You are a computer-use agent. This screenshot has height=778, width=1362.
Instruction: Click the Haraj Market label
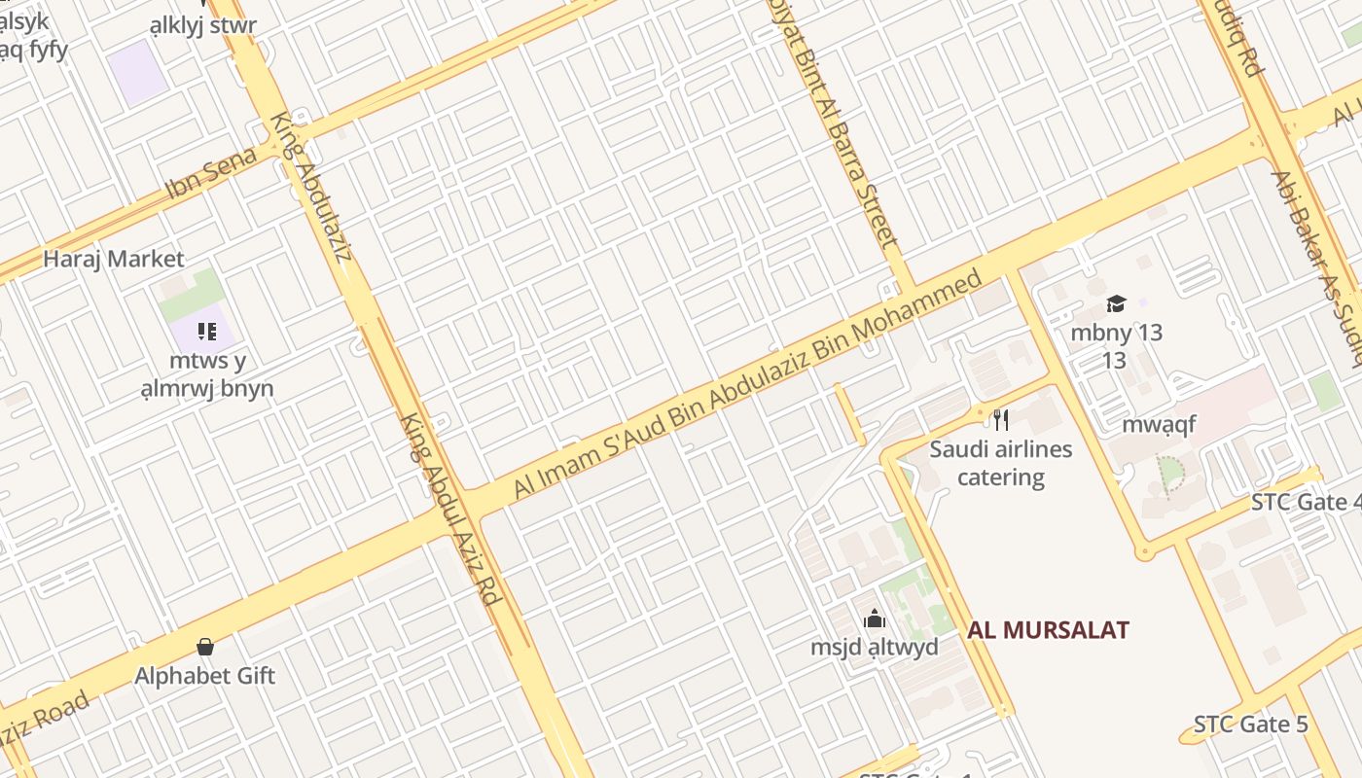(x=113, y=259)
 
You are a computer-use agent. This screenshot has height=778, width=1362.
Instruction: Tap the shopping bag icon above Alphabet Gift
(x=205, y=647)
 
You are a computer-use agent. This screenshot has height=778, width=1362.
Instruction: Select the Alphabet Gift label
(x=205, y=675)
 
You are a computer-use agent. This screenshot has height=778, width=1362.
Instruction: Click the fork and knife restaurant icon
(x=1000, y=420)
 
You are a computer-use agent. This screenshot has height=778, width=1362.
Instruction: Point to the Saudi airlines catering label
(x=1000, y=463)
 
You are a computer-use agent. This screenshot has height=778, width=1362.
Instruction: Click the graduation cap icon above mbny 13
(x=1116, y=304)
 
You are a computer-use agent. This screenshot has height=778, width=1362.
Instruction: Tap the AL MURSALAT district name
(x=1048, y=629)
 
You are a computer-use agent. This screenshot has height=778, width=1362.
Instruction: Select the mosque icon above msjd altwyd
(x=874, y=619)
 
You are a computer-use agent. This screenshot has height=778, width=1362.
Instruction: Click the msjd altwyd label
(x=874, y=647)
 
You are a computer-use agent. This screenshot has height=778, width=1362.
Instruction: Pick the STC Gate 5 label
(x=1250, y=725)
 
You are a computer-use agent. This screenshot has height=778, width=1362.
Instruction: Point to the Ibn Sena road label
(x=211, y=171)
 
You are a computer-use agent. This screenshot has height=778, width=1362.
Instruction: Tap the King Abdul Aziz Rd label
(x=451, y=509)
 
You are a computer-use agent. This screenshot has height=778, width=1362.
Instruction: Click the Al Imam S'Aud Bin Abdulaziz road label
(x=747, y=385)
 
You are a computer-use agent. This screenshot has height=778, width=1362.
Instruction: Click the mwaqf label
(x=1159, y=425)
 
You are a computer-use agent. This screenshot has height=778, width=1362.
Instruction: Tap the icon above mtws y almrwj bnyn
(x=206, y=333)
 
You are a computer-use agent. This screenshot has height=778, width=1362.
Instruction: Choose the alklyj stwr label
(x=203, y=25)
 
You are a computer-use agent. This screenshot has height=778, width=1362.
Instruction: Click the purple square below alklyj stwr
(x=137, y=71)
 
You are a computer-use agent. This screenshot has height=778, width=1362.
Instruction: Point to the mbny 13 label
(x=1116, y=333)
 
